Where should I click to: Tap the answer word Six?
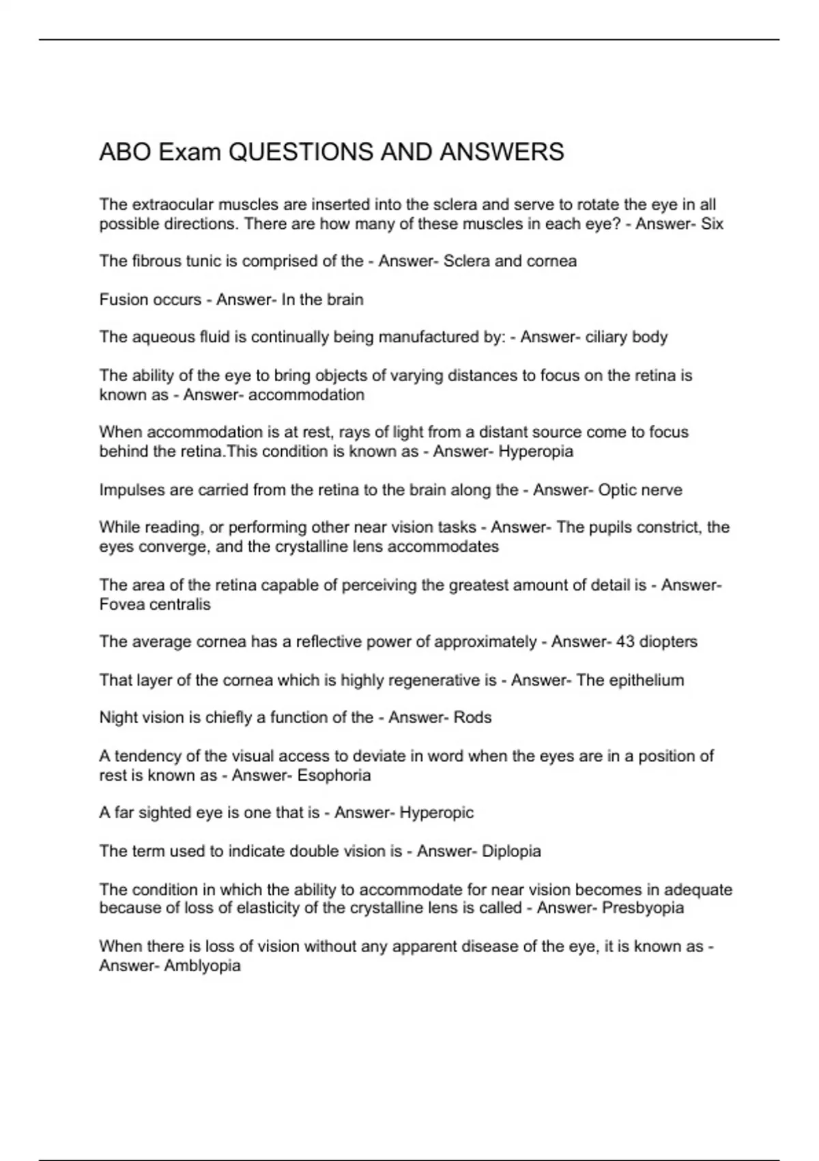[712, 223]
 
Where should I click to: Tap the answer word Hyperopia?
[536, 451]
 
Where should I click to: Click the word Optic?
[617, 490]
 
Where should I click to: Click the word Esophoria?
[334, 775]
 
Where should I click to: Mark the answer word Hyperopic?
[436, 812]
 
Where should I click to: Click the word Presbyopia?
[642, 908]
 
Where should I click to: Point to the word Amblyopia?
[203, 965]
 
